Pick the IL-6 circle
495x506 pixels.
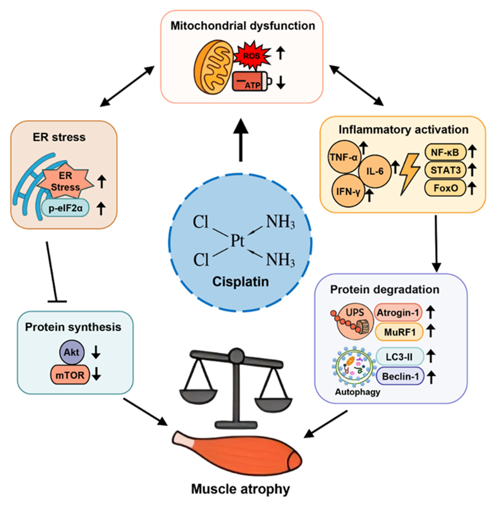pyautogui.click(x=375, y=171)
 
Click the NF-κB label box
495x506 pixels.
pyautogui.click(x=445, y=152)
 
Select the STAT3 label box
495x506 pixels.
pyautogui.click(x=445, y=170)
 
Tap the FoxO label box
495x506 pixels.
pyautogui.click(x=445, y=188)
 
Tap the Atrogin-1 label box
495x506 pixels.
pyautogui.click(x=398, y=312)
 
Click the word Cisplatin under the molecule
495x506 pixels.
pyautogui.click(x=240, y=282)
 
